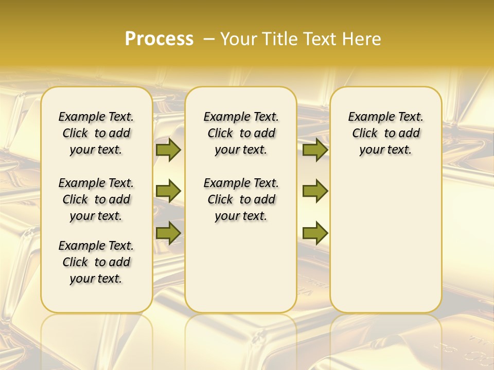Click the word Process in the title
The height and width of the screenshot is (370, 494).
pyautogui.click(x=159, y=39)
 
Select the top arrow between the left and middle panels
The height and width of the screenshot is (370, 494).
pyautogui.click(x=168, y=150)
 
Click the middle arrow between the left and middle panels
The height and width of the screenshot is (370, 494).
pyautogui.click(x=168, y=191)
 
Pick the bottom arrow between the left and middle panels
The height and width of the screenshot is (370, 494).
pyautogui.click(x=168, y=233)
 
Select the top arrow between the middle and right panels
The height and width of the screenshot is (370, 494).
pyautogui.click(x=315, y=150)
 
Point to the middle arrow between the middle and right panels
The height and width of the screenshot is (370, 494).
pyautogui.click(x=315, y=191)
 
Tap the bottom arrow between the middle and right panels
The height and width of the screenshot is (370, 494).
pyautogui.click(x=315, y=233)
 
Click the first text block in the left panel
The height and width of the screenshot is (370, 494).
pyautogui.click(x=96, y=133)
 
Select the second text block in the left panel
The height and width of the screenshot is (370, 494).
pyautogui.click(x=96, y=199)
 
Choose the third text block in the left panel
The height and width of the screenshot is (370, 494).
pyautogui.click(x=96, y=262)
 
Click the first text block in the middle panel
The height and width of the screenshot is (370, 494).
pyautogui.click(x=241, y=133)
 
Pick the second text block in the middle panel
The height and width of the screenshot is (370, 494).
pyautogui.click(x=241, y=199)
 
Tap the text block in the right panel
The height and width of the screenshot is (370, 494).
pyautogui.click(x=385, y=133)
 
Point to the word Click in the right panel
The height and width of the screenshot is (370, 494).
pyautogui.click(x=365, y=134)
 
